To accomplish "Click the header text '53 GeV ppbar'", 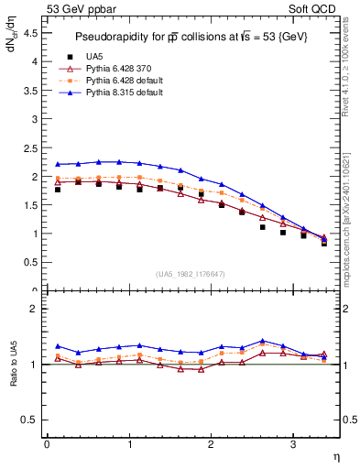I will [x=75, y=9].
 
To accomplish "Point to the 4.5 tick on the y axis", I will [x=30, y=32].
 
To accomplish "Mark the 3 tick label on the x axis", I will [x=292, y=444].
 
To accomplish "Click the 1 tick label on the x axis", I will [x=128, y=444].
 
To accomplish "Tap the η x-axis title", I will [x=335, y=455].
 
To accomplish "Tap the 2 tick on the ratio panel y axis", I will [x=34, y=309].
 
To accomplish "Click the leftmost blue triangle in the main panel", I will [x=58, y=164].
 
